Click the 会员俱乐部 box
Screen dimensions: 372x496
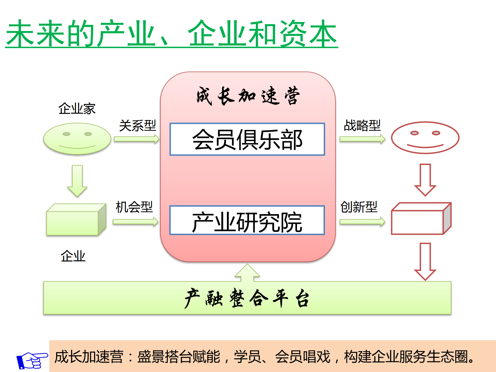click(x=247, y=139)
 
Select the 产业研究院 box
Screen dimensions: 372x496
click(x=247, y=221)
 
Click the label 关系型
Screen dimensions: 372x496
click(x=137, y=126)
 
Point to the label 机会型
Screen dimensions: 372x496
click(x=134, y=207)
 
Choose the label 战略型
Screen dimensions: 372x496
click(x=362, y=126)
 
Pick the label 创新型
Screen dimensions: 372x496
click(x=359, y=207)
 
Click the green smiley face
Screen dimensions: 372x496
click(x=77, y=139)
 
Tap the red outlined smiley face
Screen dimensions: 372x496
click(x=425, y=138)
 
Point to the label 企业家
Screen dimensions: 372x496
click(x=77, y=109)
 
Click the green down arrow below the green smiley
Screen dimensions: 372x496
click(x=77, y=181)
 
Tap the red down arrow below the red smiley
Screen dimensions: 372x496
click(x=425, y=180)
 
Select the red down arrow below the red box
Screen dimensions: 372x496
click(x=425, y=261)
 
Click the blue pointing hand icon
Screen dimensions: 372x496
click(x=32, y=360)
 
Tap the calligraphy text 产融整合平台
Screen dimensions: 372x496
click(x=247, y=298)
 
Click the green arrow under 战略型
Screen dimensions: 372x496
click(x=362, y=139)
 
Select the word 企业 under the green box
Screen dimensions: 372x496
click(x=73, y=256)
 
